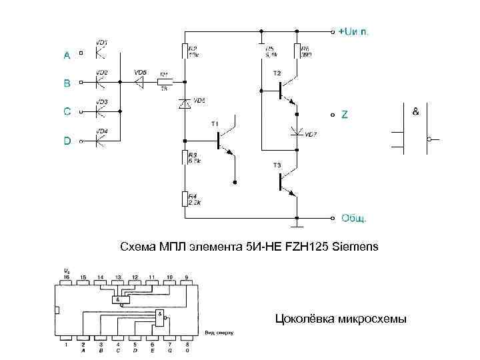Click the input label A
[x=67, y=56]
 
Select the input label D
[x=67, y=141]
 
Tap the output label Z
[x=344, y=115]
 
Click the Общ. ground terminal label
[x=354, y=218]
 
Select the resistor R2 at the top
[x=185, y=52]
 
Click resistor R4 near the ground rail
[x=185, y=199]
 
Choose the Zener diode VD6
[x=185, y=103]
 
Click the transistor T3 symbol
[x=285, y=181]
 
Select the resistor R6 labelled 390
[x=297, y=52]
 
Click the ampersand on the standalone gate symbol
[x=416, y=111]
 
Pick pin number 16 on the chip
[x=65, y=276]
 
